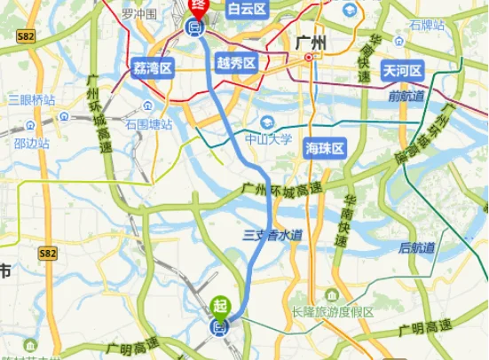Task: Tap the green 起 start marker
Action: coord(219,306)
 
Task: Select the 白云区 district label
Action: coord(246,9)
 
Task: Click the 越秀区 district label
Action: coord(236,63)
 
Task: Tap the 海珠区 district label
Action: coord(324,146)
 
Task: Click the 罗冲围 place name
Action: coord(139,14)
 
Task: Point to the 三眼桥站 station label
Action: coord(34,99)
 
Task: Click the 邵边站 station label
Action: coord(36,141)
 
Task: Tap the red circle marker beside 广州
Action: coord(309,58)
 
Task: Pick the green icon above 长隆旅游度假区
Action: coord(331,294)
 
